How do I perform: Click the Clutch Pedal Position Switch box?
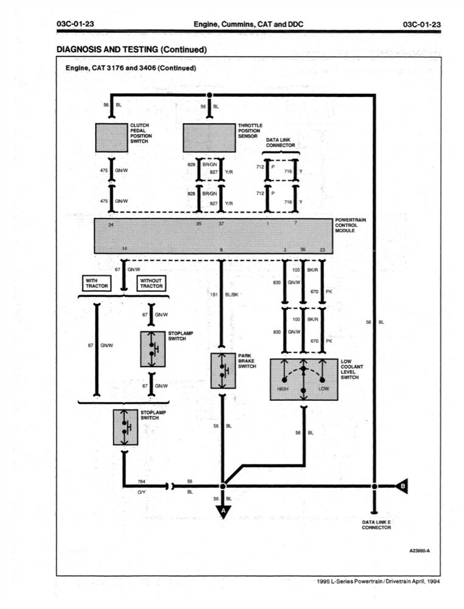point(111,138)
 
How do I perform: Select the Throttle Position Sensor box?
point(209,138)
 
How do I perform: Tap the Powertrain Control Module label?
point(350,225)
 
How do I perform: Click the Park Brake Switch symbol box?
point(222,370)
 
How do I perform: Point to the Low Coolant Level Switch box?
point(303,379)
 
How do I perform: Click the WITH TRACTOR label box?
point(96,283)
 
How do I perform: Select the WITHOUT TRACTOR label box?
point(151,283)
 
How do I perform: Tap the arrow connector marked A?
point(222,512)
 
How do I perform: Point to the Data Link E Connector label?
point(376,525)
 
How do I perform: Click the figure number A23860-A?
point(420,551)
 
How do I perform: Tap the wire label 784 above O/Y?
point(142,481)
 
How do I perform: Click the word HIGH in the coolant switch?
point(283,389)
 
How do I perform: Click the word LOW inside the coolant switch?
point(323,389)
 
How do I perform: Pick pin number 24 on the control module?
point(111,225)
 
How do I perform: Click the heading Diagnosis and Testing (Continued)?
point(132,49)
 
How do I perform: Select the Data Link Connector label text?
point(280,143)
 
